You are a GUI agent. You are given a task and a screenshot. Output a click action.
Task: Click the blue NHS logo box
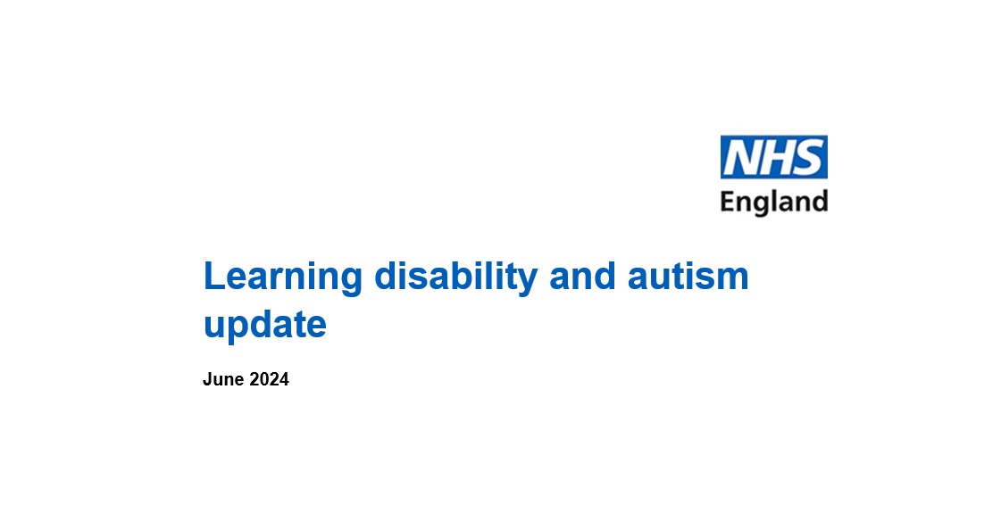[773, 157]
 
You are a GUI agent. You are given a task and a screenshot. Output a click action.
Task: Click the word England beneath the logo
[773, 203]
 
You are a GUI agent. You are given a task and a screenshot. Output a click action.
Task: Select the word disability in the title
[455, 278]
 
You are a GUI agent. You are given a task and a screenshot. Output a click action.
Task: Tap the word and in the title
[582, 277]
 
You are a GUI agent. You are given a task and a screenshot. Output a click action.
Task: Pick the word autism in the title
[688, 277]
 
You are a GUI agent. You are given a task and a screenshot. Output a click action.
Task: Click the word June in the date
[223, 379]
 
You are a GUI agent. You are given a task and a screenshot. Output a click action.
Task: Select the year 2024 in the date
[269, 379]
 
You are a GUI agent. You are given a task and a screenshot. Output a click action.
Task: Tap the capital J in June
[207, 379]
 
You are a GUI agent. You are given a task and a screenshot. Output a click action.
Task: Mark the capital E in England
[727, 202]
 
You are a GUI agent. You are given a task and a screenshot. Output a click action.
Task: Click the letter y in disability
[528, 283]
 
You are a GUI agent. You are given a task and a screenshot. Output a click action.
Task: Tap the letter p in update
[242, 330]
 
